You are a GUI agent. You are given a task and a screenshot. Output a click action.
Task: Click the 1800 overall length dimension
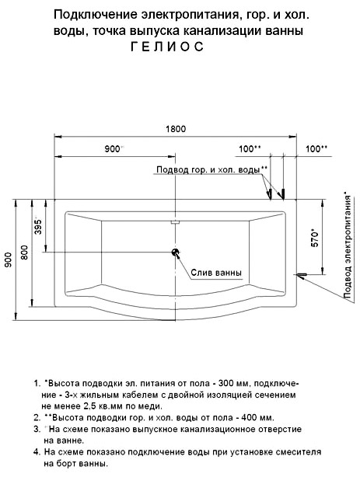pos(176,129)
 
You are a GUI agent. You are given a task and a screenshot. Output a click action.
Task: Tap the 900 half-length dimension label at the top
pos(113,149)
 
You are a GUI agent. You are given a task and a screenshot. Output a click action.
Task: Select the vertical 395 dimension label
pos(38,227)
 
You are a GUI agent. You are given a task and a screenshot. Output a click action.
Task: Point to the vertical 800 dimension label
pos(24,252)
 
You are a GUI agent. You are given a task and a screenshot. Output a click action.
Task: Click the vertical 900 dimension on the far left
pos(9,259)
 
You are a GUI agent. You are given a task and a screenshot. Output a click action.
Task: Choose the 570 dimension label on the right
pos(315,238)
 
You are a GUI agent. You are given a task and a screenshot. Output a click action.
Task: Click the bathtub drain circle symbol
pos(176,252)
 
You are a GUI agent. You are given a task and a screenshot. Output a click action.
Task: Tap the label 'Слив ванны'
pos(216,272)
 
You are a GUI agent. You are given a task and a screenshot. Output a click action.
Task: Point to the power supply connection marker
pos(302,275)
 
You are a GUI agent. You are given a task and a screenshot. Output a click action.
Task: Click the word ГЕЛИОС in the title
pos(167,47)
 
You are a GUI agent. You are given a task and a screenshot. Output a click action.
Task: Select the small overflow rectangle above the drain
pos(176,222)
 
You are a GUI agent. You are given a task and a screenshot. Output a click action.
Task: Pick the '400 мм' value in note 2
pos(257,417)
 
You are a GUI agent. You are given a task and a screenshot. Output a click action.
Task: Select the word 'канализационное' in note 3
pos(218,429)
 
